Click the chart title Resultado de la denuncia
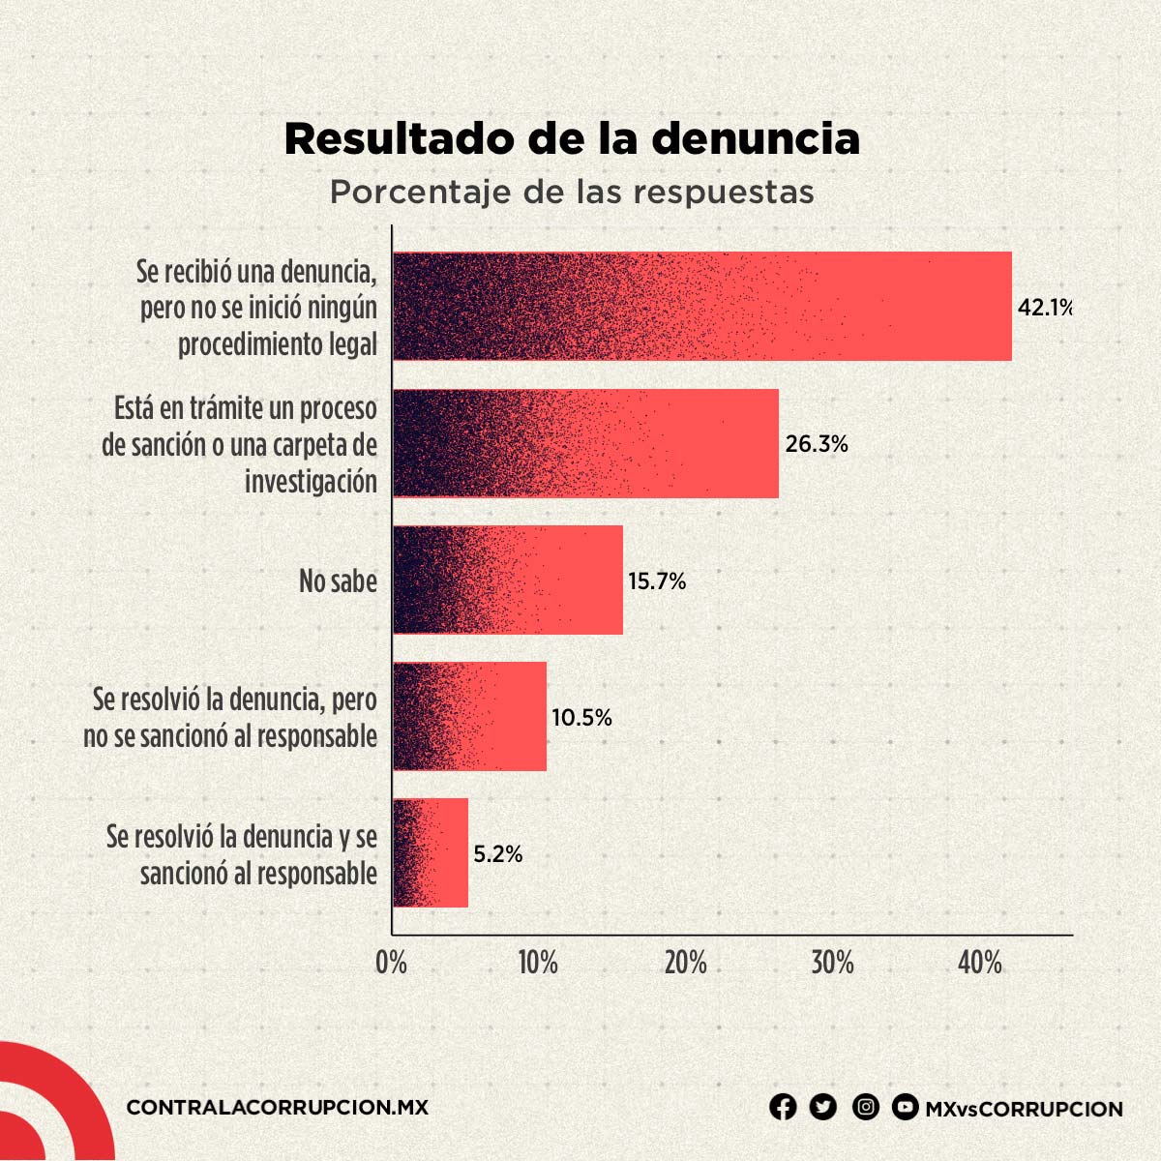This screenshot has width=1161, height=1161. click(572, 138)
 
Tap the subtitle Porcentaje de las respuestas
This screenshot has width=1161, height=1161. click(572, 192)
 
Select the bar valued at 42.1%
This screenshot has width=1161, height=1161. click(702, 306)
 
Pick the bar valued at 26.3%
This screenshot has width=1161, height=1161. click(585, 443)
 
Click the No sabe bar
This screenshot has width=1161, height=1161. click(508, 580)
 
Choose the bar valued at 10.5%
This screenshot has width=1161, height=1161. click(469, 716)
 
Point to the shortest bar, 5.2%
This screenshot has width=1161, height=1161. click(431, 852)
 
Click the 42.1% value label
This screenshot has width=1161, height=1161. click(1045, 308)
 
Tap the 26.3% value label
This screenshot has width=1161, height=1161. click(817, 444)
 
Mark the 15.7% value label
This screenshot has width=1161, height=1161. click(657, 581)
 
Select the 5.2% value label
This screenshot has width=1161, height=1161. click(498, 854)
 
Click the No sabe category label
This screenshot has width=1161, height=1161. click(338, 581)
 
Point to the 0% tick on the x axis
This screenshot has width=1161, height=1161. click(392, 963)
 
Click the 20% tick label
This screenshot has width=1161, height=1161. click(685, 963)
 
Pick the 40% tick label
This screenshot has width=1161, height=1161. click(980, 963)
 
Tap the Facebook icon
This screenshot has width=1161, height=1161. click(783, 1107)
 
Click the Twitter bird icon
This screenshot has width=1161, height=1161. click(823, 1107)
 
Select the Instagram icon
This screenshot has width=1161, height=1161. click(866, 1107)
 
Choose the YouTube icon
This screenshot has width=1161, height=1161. click(906, 1107)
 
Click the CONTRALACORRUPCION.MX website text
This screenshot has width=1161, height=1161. click(277, 1108)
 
